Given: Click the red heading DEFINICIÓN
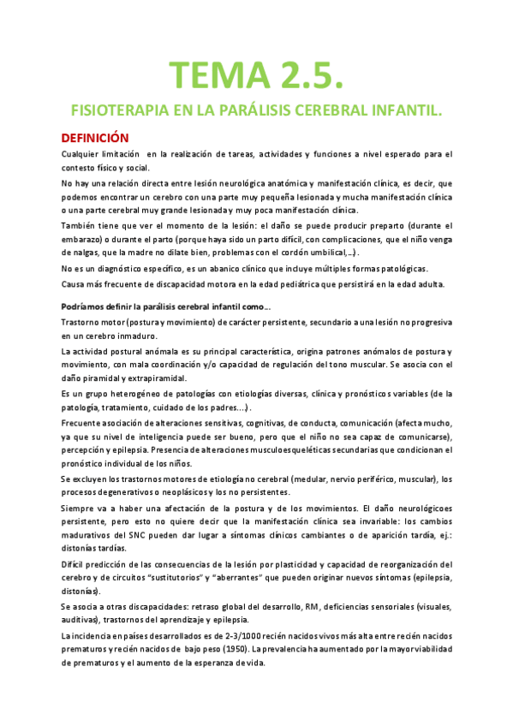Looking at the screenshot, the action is (94, 137).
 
